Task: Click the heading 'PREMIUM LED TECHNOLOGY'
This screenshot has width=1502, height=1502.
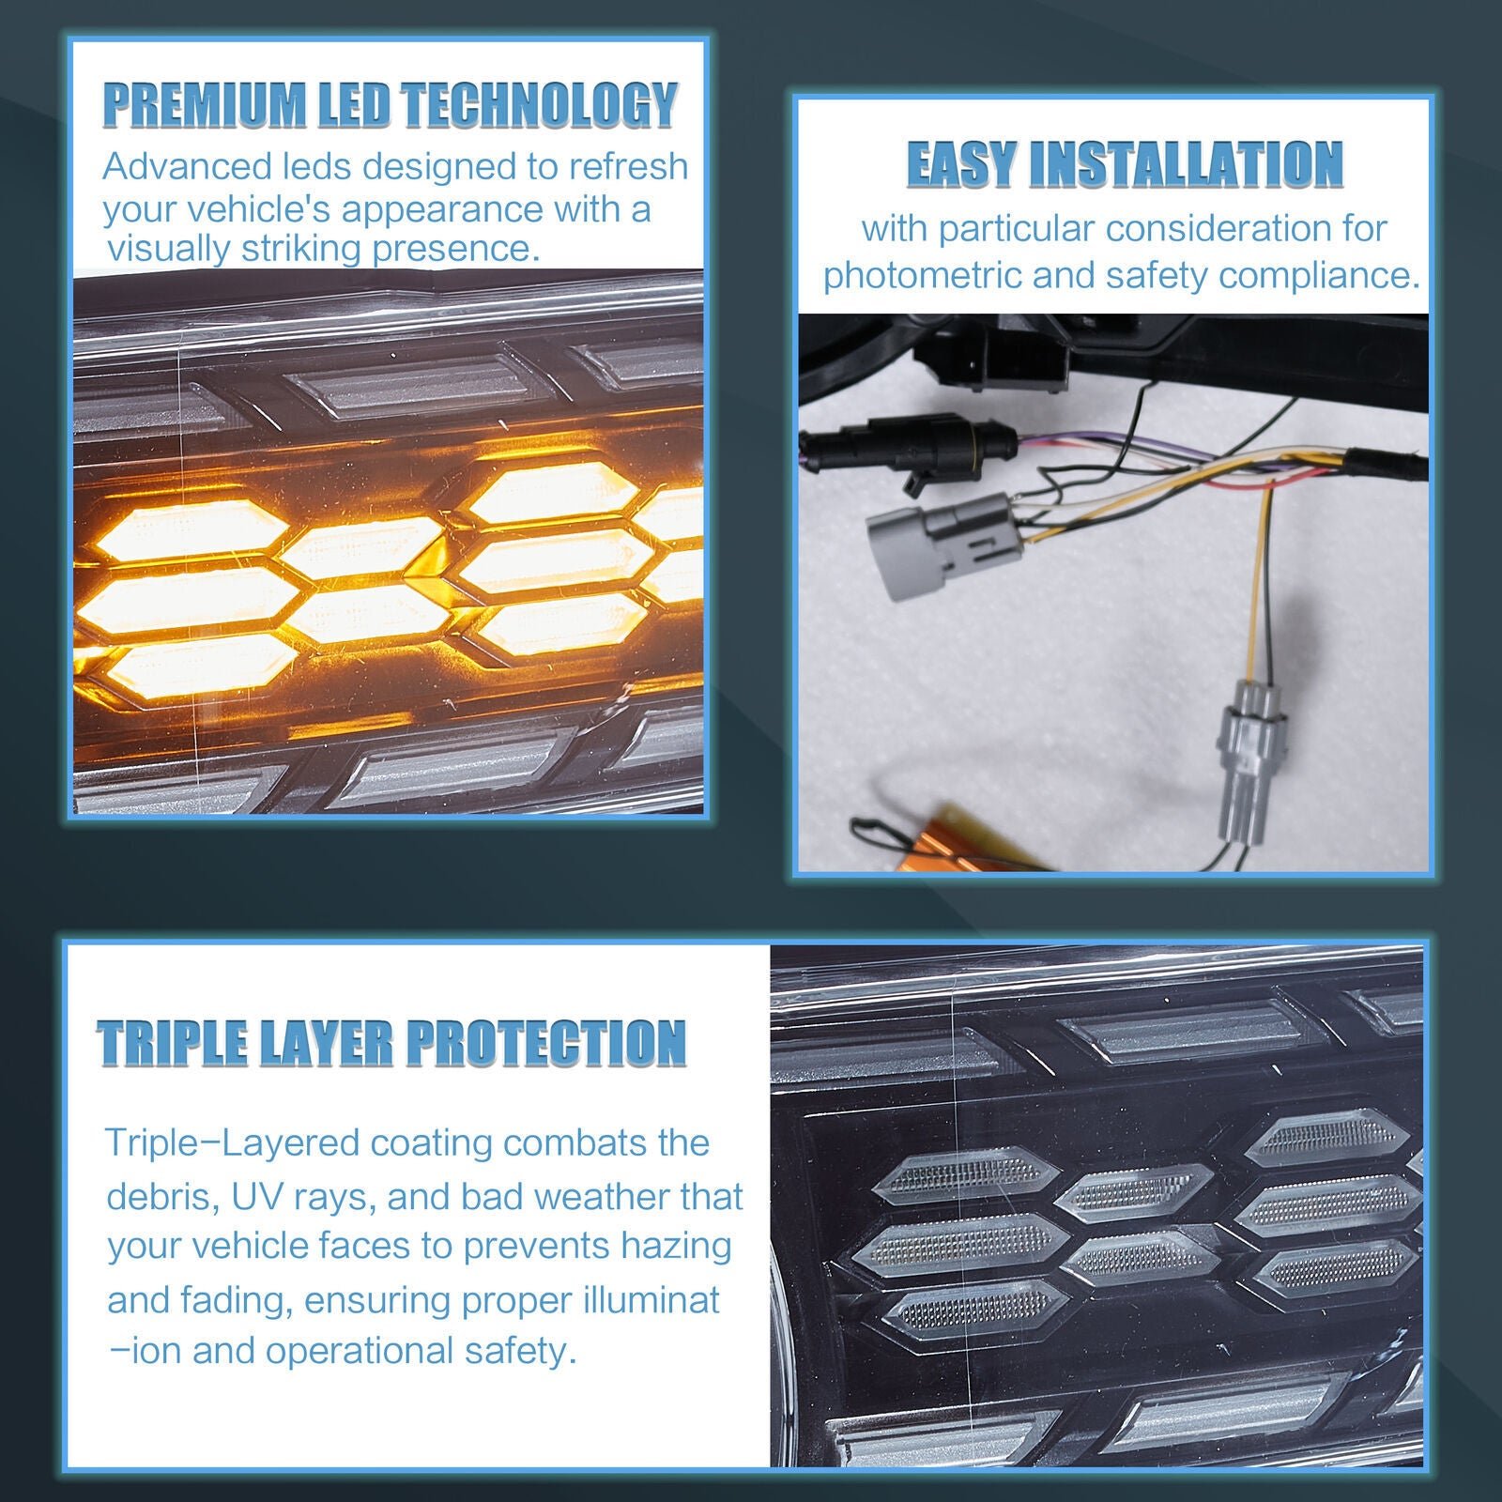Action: click(x=390, y=104)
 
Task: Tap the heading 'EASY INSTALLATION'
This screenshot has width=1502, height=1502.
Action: click(x=1125, y=165)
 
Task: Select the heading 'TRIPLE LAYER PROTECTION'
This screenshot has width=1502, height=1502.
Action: click(x=391, y=1042)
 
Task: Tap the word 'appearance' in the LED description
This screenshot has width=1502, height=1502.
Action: click(x=442, y=209)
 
